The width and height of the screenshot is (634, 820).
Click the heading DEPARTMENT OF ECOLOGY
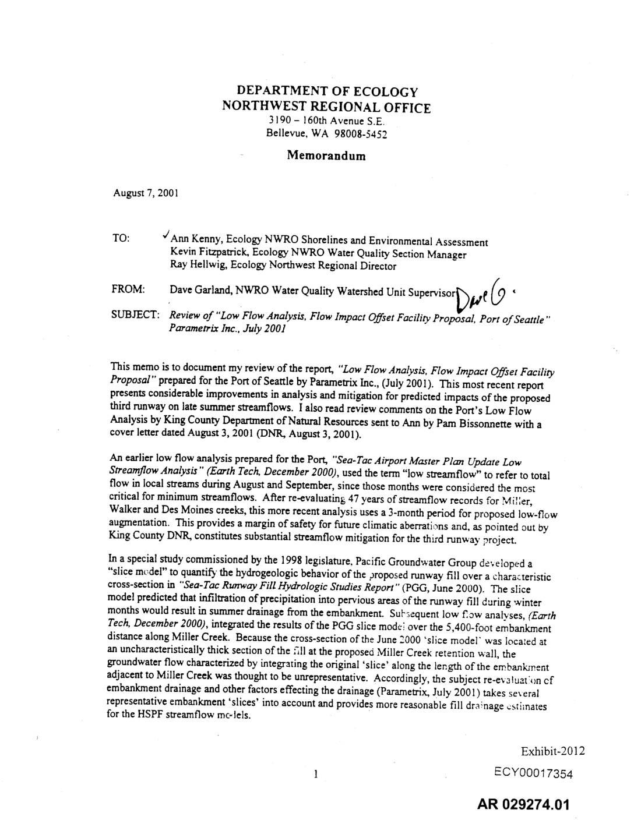[327, 91]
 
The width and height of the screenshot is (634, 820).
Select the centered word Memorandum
[326, 155]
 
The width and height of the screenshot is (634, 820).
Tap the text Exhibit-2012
[552, 751]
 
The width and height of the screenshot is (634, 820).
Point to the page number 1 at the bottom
[315, 775]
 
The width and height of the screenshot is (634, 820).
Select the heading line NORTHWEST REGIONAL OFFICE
[326, 108]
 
